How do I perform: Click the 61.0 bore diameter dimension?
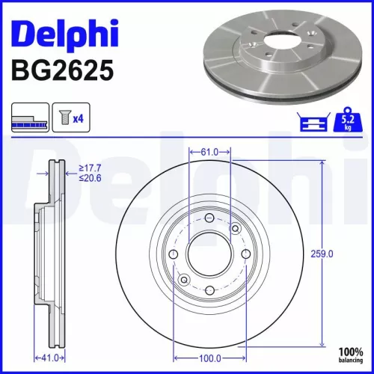[x=209, y=152]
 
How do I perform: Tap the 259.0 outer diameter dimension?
[x=321, y=254]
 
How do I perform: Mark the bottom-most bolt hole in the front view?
[x=209, y=291]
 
